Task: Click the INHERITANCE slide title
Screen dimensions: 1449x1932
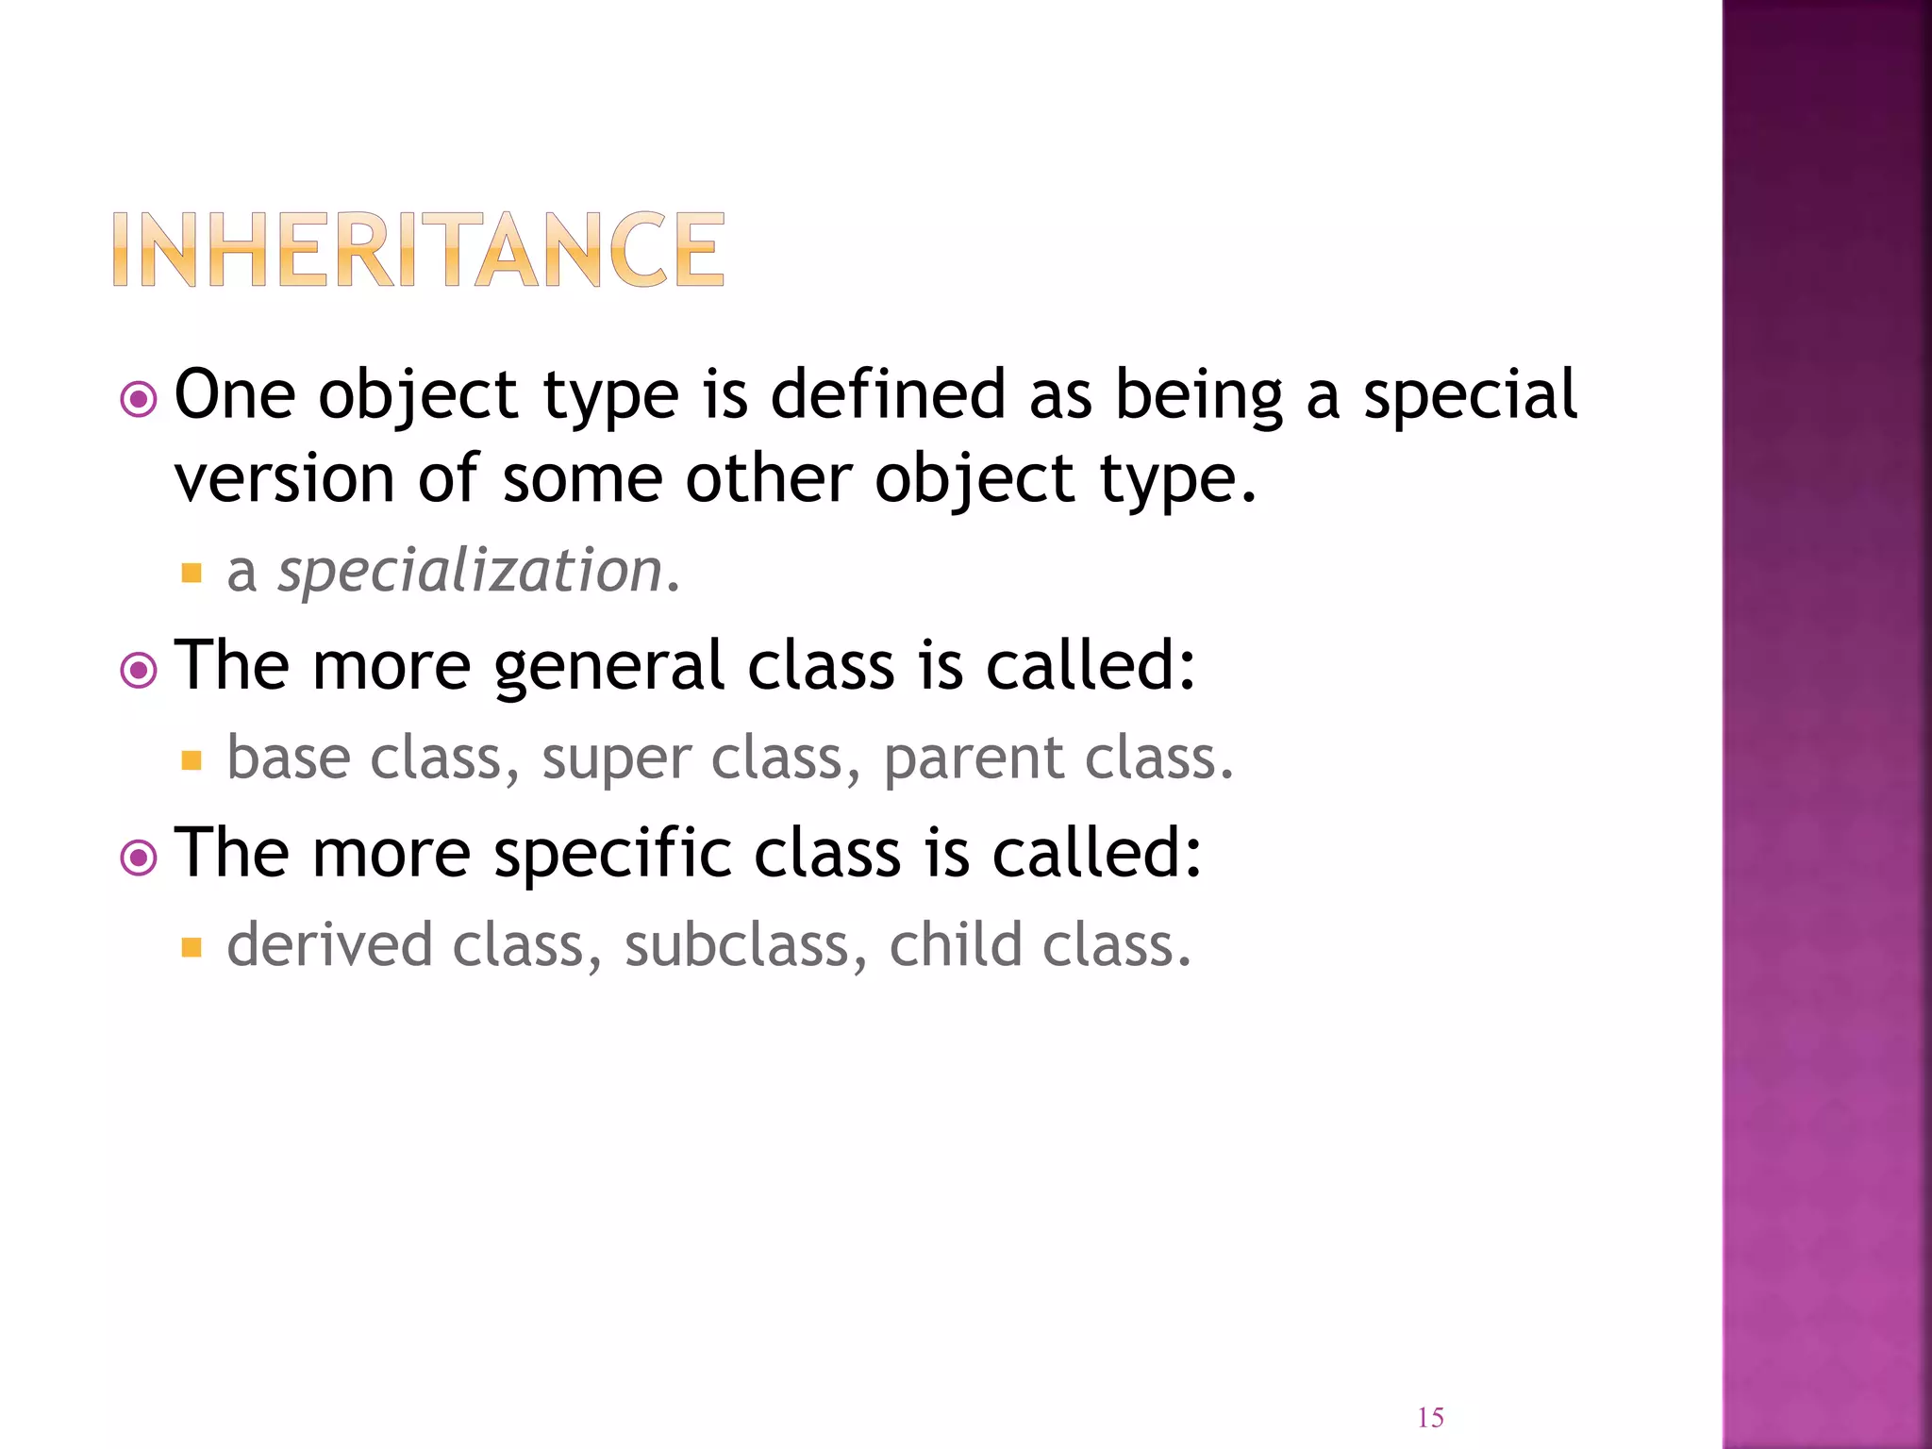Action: [419, 249]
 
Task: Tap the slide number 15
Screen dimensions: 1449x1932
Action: [1430, 1418]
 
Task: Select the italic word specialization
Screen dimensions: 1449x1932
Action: [470, 572]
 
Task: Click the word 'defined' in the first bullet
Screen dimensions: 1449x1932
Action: [888, 394]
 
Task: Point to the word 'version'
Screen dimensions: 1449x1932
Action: [284, 478]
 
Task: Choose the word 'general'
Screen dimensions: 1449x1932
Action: [608, 667]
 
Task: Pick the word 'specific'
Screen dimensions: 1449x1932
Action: [612, 854]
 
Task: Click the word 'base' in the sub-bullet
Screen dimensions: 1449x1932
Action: [289, 758]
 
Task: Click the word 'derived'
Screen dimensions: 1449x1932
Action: [329, 945]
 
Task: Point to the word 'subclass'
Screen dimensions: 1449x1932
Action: [736, 945]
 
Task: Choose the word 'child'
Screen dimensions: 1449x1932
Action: [956, 945]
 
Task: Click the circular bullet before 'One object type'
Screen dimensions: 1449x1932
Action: [139, 400]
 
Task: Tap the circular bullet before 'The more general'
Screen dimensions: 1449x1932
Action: [139, 671]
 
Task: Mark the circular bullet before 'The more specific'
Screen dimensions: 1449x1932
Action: [139, 858]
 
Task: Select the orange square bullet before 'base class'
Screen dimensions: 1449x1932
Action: [192, 760]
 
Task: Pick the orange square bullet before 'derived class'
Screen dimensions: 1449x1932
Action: [192, 947]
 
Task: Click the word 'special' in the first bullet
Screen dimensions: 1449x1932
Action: [1470, 396]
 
